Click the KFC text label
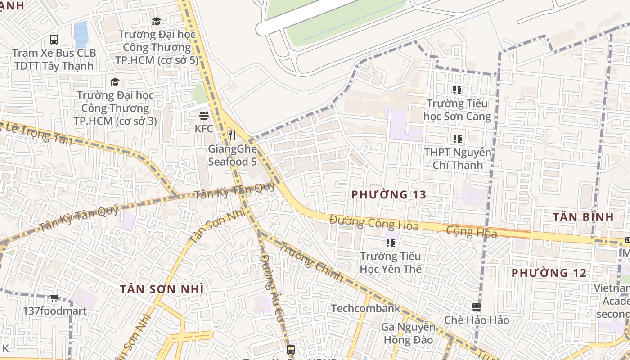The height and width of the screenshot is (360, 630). point(204,129)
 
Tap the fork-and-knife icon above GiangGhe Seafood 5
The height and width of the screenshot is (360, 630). point(232,135)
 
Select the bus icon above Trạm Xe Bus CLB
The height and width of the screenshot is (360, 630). point(54,40)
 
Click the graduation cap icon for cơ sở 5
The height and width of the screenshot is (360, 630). point(156,21)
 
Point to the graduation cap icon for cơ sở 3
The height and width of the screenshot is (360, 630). point(115,82)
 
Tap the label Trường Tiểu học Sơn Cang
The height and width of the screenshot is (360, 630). point(457,110)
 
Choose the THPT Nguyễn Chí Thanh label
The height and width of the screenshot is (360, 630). point(457,159)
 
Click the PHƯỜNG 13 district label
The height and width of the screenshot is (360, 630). point(388,195)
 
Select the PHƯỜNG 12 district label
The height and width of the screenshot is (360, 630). point(549,273)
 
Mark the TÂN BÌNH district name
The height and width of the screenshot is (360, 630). point(583,217)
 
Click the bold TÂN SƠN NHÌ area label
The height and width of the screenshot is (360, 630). point(162,289)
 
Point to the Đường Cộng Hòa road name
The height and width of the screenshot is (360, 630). point(374,223)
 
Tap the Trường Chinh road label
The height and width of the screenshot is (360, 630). point(311,261)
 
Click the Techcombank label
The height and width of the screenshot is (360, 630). point(365,308)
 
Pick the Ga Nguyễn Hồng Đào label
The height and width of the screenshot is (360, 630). point(408,333)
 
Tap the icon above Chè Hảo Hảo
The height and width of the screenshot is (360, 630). point(477,307)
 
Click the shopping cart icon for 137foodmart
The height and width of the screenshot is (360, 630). point(54,297)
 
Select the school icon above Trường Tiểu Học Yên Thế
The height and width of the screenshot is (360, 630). point(390,243)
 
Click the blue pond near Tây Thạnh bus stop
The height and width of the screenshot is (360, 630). point(81,34)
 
